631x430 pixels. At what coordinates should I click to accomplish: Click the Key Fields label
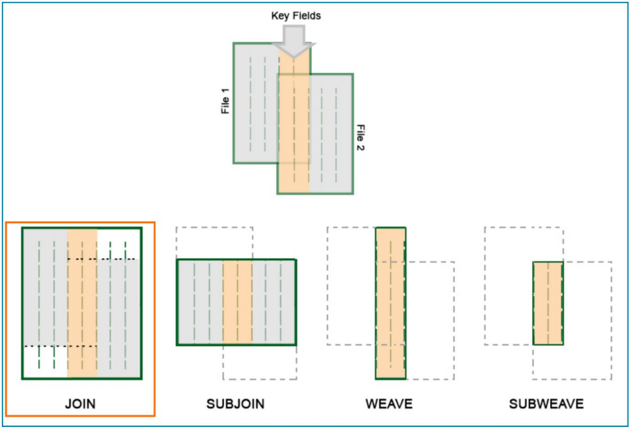click(296, 16)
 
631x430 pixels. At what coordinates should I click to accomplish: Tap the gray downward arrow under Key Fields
click(293, 42)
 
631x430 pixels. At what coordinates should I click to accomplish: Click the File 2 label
click(361, 138)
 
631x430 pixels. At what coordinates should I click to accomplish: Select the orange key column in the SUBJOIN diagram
click(237, 302)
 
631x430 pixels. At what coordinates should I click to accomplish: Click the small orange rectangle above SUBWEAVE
click(548, 303)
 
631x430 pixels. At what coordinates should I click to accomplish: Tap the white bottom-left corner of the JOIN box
click(45, 362)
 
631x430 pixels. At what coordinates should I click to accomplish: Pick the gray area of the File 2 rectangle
click(331, 139)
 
